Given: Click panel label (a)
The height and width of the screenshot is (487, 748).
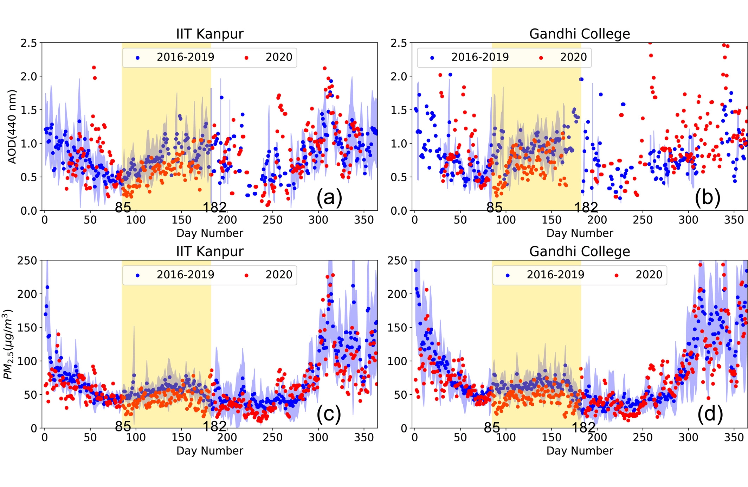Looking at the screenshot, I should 329,197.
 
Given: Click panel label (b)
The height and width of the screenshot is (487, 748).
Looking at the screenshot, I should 707,197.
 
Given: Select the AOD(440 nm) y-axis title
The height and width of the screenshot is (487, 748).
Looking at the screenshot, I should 12,127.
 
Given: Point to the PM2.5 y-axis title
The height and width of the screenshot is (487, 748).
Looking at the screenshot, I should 8,344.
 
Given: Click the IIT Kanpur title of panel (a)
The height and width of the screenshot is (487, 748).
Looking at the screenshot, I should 209,34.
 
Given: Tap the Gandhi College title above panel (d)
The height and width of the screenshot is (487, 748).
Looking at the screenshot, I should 580,252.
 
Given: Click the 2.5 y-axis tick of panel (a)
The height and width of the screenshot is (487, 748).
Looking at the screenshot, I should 28,43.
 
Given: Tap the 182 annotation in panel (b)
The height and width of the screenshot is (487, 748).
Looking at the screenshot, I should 586,208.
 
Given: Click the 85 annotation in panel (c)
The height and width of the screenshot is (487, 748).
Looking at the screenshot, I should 123,426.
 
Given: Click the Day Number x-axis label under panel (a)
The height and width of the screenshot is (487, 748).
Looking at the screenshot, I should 209,233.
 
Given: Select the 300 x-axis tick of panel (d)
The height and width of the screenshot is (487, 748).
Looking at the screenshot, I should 688,437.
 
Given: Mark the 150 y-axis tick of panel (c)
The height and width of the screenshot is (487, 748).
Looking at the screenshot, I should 27,328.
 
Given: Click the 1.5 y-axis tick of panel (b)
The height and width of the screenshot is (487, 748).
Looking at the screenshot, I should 399,110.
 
